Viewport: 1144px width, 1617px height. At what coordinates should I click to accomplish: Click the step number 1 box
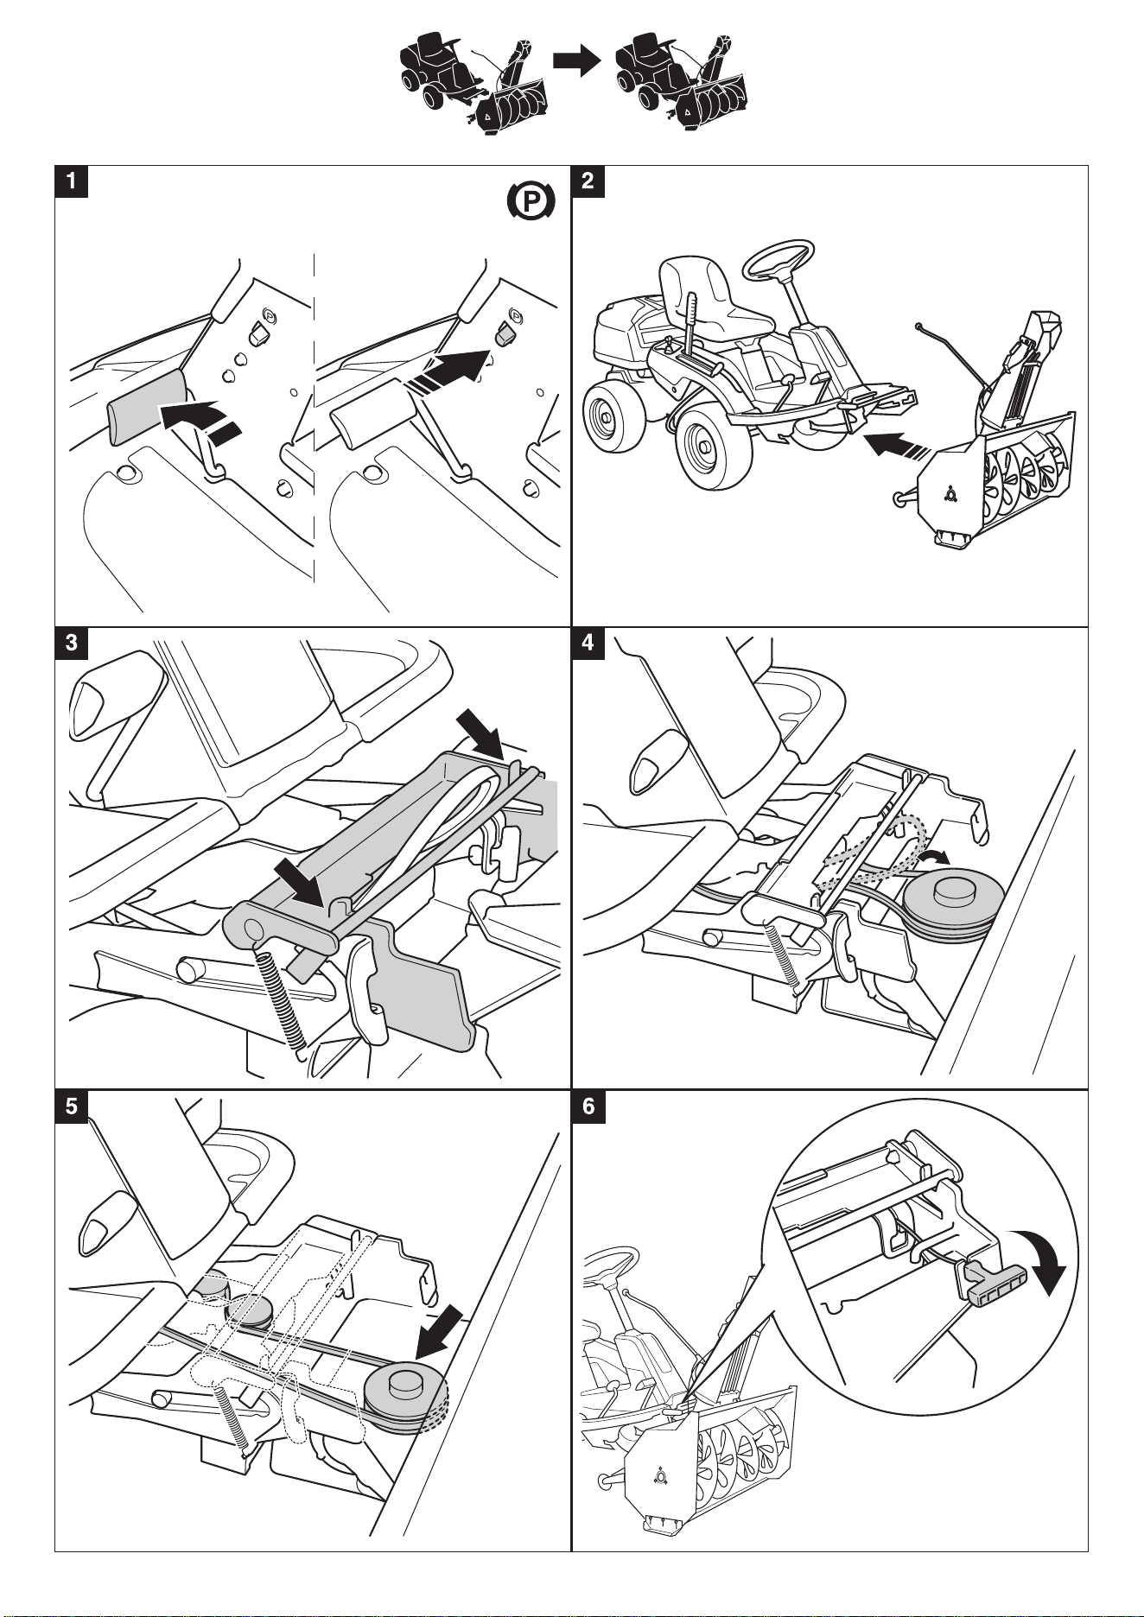pos(72,181)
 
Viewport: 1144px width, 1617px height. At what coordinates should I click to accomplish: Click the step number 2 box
pos(588,181)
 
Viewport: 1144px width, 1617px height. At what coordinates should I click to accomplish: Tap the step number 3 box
pos(72,644)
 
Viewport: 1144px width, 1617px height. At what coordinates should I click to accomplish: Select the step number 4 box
pos(588,644)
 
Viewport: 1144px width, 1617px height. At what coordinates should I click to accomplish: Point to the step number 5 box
pos(72,1107)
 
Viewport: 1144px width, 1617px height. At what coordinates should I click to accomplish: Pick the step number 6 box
pos(588,1107)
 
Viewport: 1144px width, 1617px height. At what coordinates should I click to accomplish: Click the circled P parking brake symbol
pos(525,202)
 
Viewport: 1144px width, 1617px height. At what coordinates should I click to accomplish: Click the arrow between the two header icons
pos(576,60)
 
